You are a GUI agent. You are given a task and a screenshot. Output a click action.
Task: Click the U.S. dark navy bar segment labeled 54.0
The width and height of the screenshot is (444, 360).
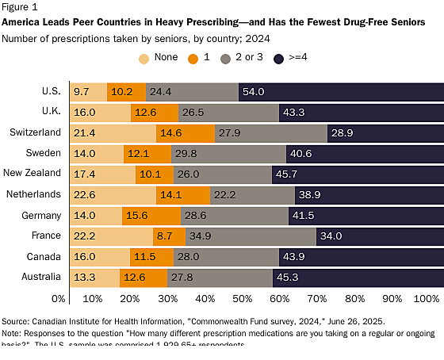coord(339,92)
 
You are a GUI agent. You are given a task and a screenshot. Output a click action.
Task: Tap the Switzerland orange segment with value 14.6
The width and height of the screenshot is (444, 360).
coord(186,132)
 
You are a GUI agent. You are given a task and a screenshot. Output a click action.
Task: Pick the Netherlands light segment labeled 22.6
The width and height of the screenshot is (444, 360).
coord(113,193)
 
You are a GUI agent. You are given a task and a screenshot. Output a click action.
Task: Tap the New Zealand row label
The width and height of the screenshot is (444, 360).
coord(33,173)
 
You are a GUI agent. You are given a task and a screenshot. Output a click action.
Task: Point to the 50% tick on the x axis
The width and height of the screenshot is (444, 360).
coord(243,298)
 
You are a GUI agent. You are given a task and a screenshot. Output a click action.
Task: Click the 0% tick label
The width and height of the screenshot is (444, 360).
coord(58,298)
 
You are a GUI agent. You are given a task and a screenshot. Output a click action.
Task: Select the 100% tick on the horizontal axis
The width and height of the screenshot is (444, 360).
coord(427,298)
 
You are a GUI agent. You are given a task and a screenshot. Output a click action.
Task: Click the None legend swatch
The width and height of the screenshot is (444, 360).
coord(144,58)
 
